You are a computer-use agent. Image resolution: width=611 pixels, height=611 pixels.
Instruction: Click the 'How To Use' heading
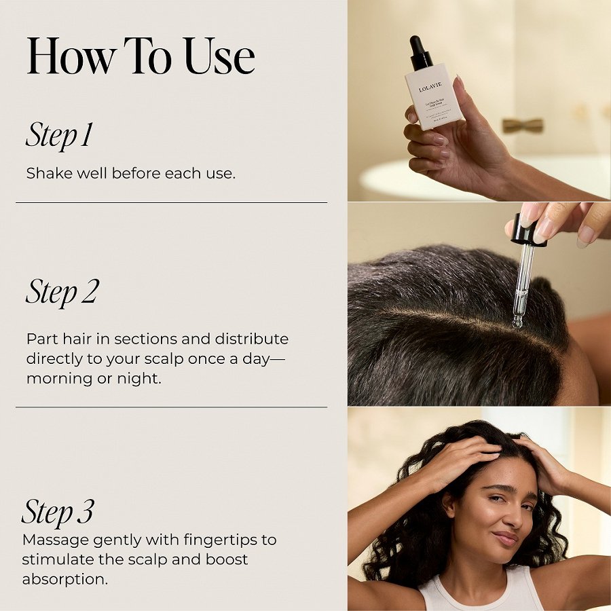tap(141, 58)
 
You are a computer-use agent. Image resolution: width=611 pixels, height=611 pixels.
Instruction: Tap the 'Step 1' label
tap(59, 135)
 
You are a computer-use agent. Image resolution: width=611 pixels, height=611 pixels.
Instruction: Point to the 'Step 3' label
tap(58, 512)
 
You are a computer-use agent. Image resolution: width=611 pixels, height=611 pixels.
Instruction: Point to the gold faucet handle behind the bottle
tap(523, 126)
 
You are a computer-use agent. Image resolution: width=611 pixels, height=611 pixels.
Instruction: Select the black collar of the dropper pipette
tap(527, 232)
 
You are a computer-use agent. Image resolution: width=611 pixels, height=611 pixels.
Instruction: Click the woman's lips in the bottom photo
tap(505, 539)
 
